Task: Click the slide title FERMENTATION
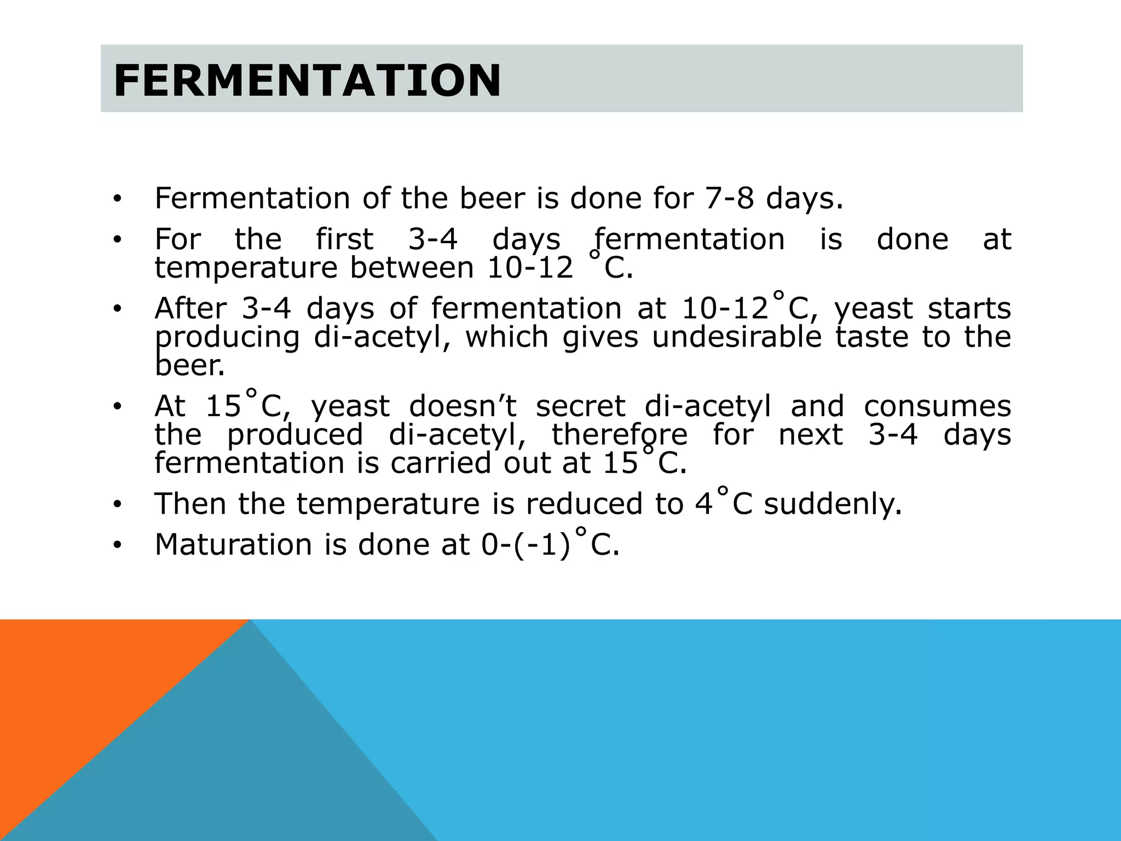[307, 80]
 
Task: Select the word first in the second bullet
[345, 239]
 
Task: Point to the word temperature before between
[245, 268]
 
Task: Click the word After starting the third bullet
[190, 308]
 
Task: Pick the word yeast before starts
[874, 309]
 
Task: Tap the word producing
[227, 338]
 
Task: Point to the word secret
[580, 406]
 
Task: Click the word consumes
[937, 406]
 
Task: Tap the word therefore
[619, 435]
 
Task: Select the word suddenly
[832, 504]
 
